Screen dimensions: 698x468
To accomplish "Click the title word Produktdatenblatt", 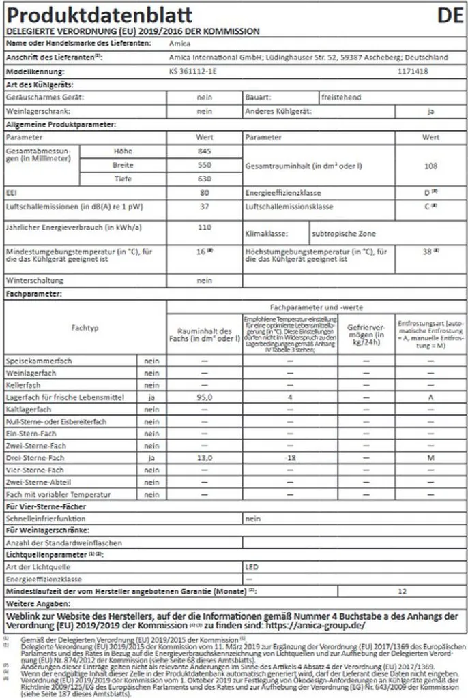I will click(x=99, y=15).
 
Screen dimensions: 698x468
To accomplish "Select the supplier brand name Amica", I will click(x=179, y=44).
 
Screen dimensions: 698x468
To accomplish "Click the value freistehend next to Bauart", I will click(x=341, y=97).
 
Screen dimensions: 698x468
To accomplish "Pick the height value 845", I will click(x=205, y=151).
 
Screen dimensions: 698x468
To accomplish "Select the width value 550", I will click(x=205, y=165).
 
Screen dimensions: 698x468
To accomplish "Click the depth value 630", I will click(x=205, y=179).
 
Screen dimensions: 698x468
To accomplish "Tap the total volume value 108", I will click(x=430, y=165).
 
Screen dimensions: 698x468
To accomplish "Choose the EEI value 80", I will click(x=205, y=194).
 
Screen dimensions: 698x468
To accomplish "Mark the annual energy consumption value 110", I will click(x=205, y=227).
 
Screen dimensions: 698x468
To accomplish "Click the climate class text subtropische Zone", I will click(x=344, y=233).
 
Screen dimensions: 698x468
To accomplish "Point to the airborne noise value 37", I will click(x=205, y=207).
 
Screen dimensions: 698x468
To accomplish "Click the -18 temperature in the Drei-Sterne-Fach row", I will click(x=290, y=458).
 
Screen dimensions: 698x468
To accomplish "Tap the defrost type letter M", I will click(x=430, y=458).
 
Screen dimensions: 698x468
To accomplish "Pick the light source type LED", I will click(x=252, y=566).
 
